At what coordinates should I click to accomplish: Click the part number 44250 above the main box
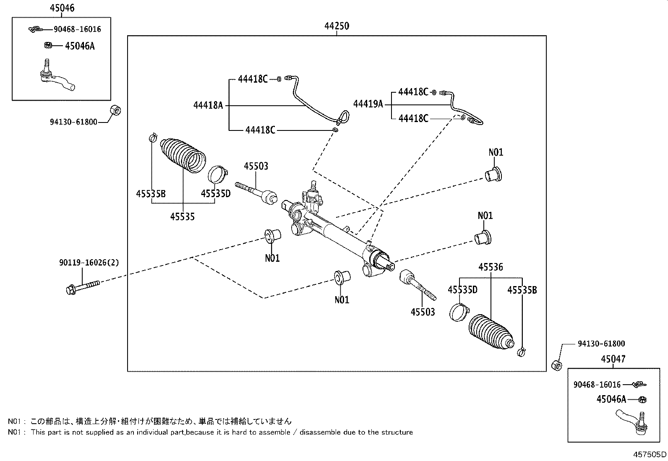[337, 26]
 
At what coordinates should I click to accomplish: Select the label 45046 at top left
[62, 8]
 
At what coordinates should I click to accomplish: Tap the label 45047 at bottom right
[612, 359]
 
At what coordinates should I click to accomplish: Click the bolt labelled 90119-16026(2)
[83, 288]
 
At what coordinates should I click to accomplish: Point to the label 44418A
[208, 105]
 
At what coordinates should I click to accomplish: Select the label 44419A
[368, 104]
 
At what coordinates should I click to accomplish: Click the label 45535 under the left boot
[183, 217]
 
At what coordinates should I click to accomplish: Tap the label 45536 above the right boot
[491, 267]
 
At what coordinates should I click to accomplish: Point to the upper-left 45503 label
[256, 166]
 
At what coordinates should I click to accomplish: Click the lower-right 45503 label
[423, 312]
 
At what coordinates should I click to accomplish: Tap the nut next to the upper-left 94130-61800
[115, 111]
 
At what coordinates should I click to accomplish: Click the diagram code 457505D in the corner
[650, 454]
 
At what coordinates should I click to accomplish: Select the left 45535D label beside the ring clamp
[216, 193]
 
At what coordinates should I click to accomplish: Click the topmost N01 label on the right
[496, 152]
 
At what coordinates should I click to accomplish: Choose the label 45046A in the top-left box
[80, 46]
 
